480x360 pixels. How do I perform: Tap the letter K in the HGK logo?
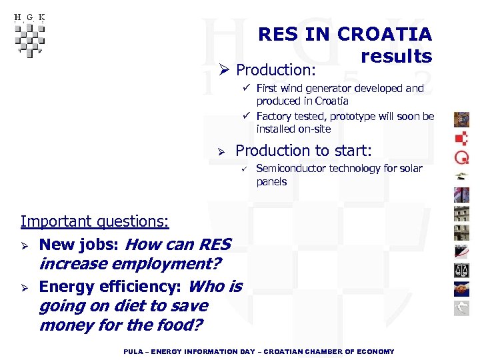41,17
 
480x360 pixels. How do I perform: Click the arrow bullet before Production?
225,70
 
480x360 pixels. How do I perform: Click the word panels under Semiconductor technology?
271,181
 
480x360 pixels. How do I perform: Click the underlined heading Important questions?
95,221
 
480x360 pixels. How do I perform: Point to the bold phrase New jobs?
80,245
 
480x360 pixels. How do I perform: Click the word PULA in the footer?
134,351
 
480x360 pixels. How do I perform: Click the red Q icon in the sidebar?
461,158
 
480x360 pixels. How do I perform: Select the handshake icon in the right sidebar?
461,289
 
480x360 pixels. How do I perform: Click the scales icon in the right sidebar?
461,270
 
